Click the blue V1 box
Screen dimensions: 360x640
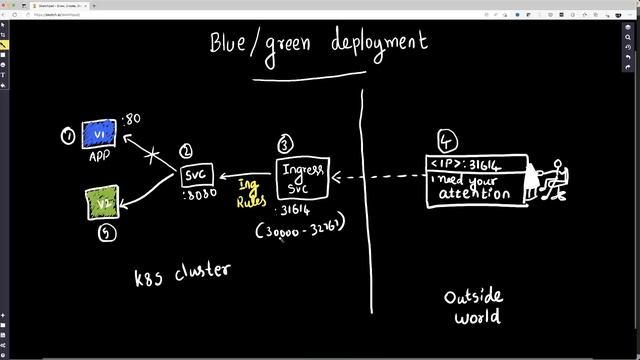99,134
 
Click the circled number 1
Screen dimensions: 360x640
67,135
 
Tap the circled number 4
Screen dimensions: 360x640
447,139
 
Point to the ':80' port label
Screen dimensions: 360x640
131,120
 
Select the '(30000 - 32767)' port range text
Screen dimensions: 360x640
300,228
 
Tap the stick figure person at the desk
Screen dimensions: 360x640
550,177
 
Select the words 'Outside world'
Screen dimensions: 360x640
473,306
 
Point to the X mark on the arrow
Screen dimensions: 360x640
153,155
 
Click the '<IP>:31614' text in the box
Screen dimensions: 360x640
465,164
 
